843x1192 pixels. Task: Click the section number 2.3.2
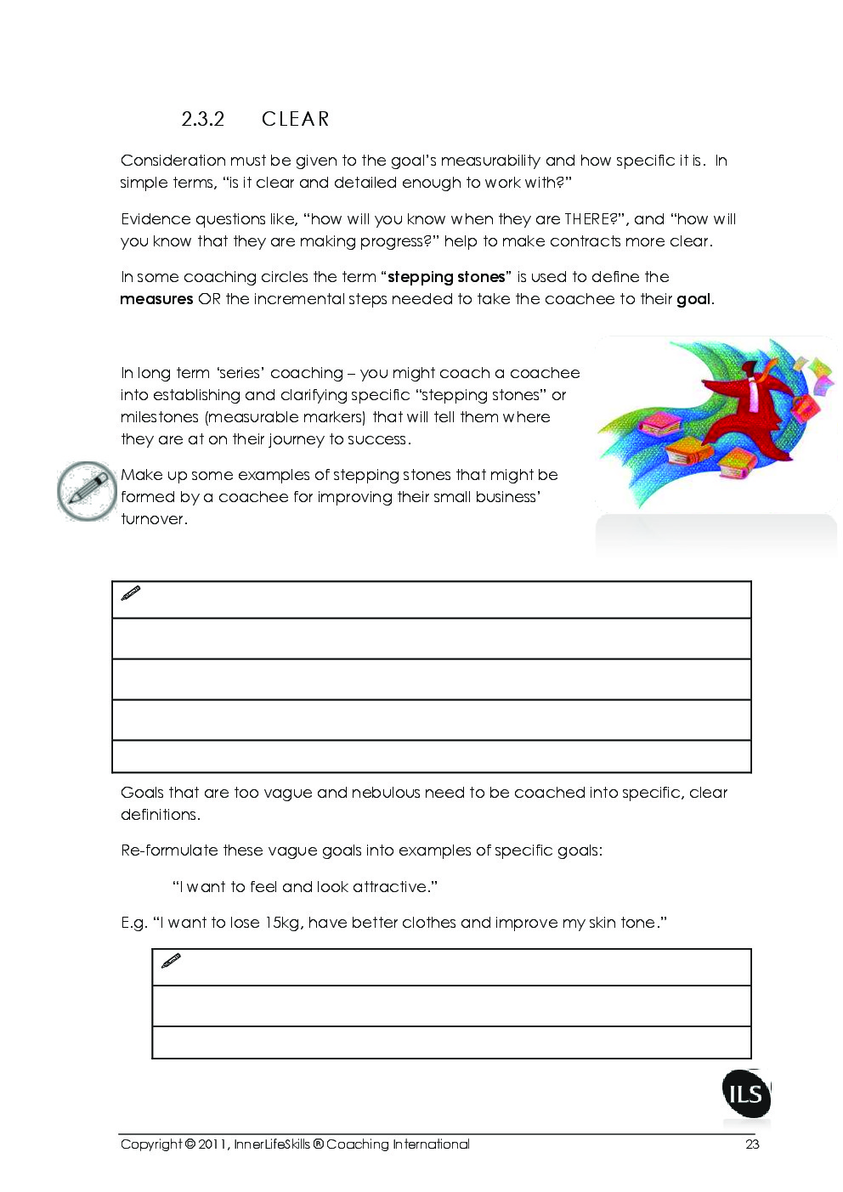pos(202,119)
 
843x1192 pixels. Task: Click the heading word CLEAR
pos(295,119)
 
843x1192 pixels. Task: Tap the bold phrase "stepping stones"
pos(446,277)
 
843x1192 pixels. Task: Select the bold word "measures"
pos(156,299)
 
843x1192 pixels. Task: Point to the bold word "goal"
pos(693,299)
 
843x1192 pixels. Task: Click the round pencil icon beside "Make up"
pos(87,491)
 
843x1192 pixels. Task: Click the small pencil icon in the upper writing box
pos(130,593)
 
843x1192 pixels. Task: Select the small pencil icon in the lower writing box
pos(171,961)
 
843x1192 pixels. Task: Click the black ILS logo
pos(745,1094)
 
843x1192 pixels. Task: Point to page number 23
pos(752,1144)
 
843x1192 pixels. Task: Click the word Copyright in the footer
pos(150,1144)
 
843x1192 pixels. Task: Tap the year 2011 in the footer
pos(213,1144)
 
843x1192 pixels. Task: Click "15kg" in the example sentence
pos(284,923)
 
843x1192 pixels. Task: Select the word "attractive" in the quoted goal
pos(390,887)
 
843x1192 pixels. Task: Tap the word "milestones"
pos(160,417)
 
